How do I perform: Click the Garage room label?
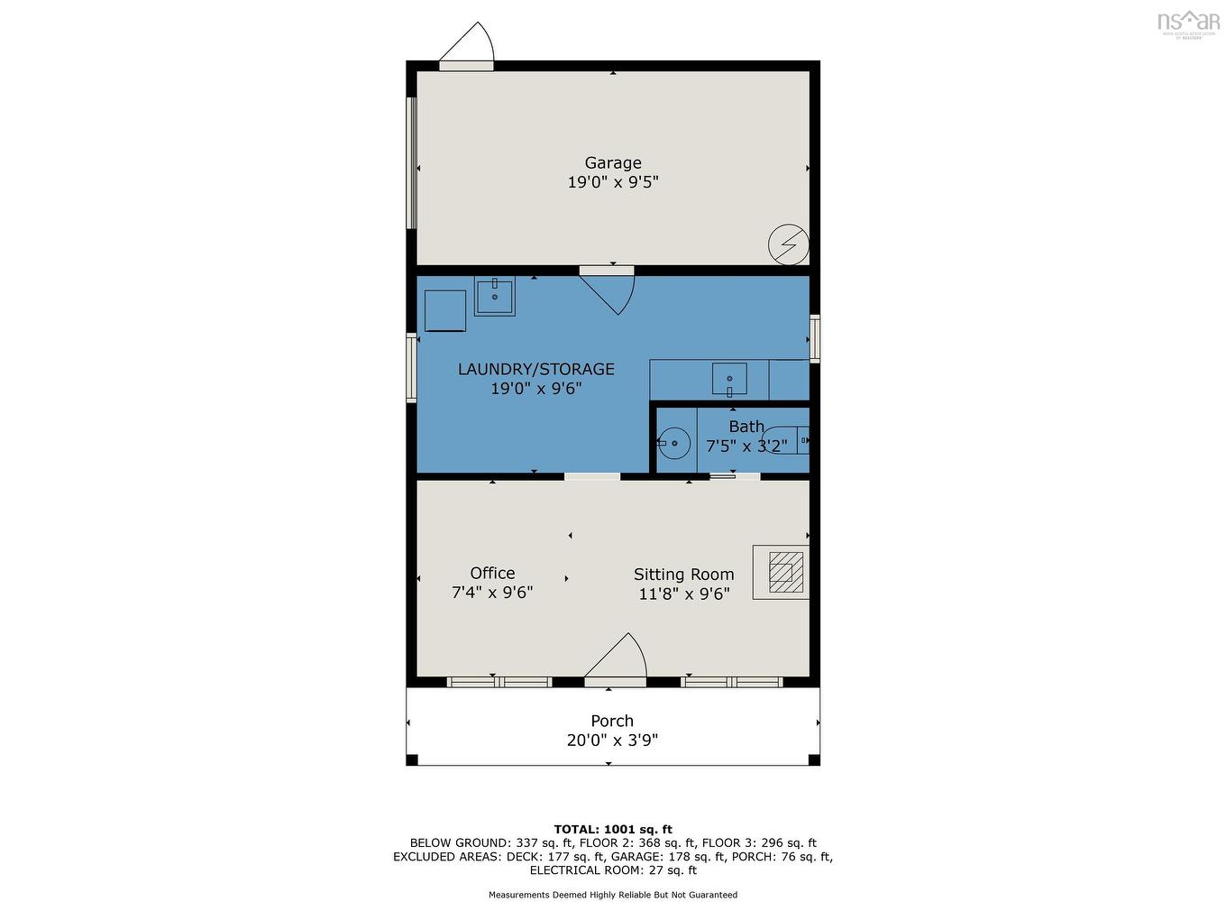tap(613, 162)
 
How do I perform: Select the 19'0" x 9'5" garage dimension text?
tap(613, 182)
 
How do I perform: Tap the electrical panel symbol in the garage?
tap(788, 244)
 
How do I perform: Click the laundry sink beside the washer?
tap(495, 295)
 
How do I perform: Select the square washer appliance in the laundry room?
tap(445, 310)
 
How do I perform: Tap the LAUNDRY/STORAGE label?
tap(536, 369)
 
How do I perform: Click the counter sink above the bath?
tap(729, 377)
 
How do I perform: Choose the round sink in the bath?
tap(673, 443)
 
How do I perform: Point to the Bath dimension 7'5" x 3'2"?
tap(746, 446)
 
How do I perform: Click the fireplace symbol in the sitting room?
tap(782, 572)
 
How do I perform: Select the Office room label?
tap(492, 573)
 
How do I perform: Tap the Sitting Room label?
tap(683, 575)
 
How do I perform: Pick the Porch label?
tap(612, 721)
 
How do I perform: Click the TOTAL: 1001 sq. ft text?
tap(613, 829)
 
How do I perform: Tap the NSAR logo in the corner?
tap(1188, 22)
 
